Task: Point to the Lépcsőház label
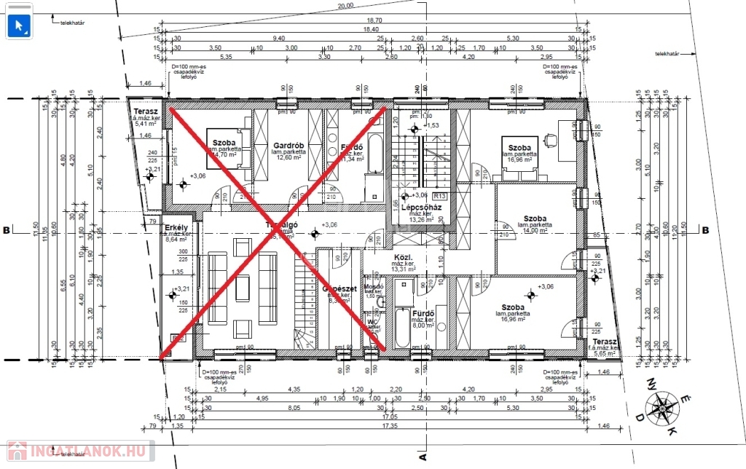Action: click(417, 208)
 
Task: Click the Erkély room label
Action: click(176, 232)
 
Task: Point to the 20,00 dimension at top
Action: click(345, 5)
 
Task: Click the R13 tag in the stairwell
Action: click(439, 196)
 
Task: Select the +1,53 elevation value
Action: click(433, 125)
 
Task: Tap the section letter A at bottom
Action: click(421, 457)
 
